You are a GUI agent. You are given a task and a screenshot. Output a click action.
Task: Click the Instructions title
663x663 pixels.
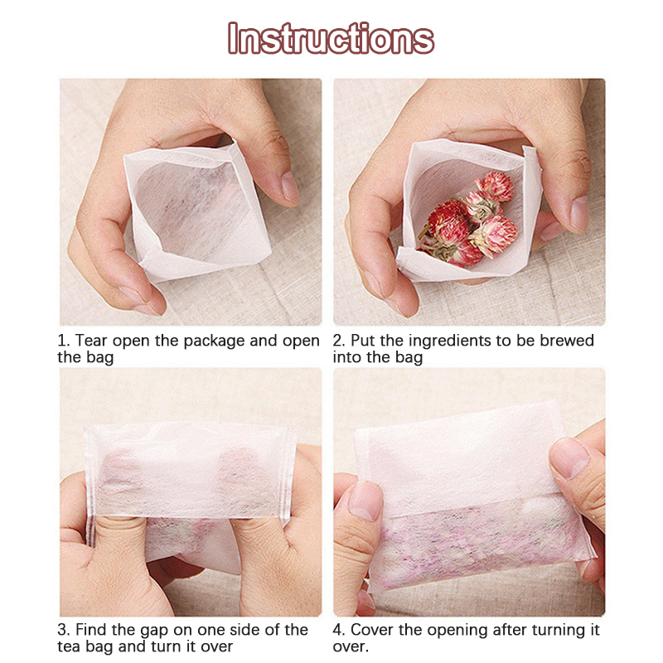[331, 38]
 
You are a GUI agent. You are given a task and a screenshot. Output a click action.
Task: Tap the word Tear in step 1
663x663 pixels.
[91, 341]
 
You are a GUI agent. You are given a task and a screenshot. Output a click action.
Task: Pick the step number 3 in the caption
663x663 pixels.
[63, 630]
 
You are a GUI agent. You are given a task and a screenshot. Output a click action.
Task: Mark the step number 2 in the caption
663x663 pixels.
[337, 341]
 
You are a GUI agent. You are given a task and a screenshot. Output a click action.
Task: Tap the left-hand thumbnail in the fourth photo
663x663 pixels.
[365, 501]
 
